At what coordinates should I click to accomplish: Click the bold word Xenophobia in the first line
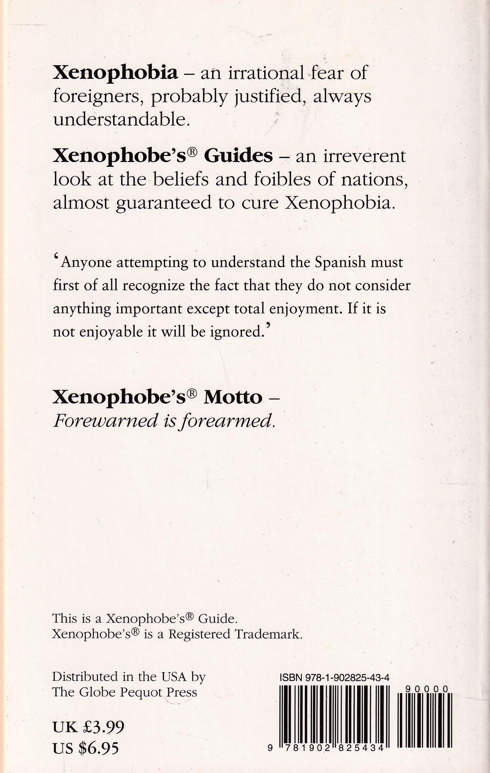point(115,73)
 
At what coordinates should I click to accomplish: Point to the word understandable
point(121,119)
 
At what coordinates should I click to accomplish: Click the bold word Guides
point(238,156)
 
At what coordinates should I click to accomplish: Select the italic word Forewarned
point(105,420)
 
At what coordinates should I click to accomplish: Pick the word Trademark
point(268,634)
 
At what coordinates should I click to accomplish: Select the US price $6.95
point(98,748)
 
